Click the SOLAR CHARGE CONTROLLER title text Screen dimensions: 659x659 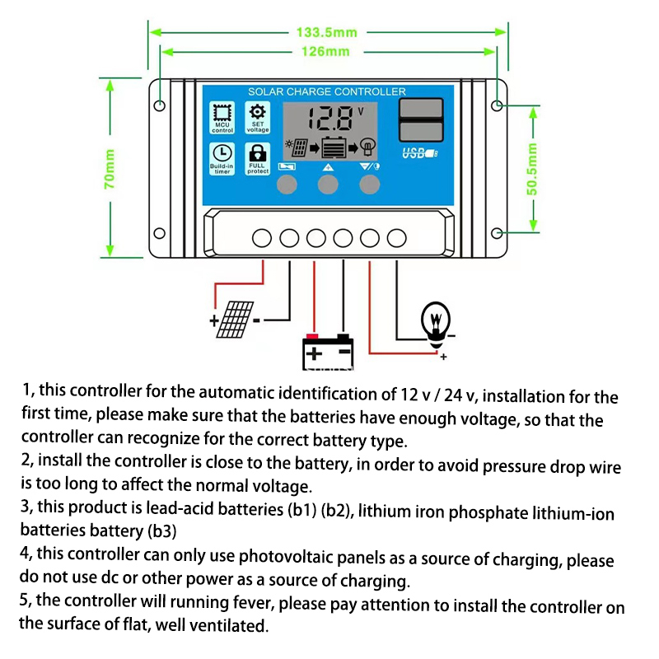point(326,91)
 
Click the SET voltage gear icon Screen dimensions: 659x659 point(258,113)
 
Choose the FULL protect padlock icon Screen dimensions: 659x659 point(258,153)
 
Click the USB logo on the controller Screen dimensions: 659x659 point(418,153)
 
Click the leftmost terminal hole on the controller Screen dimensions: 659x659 point(262,238)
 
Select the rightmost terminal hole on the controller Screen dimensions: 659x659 point(397,238)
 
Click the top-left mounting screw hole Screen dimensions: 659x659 point(160,105)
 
